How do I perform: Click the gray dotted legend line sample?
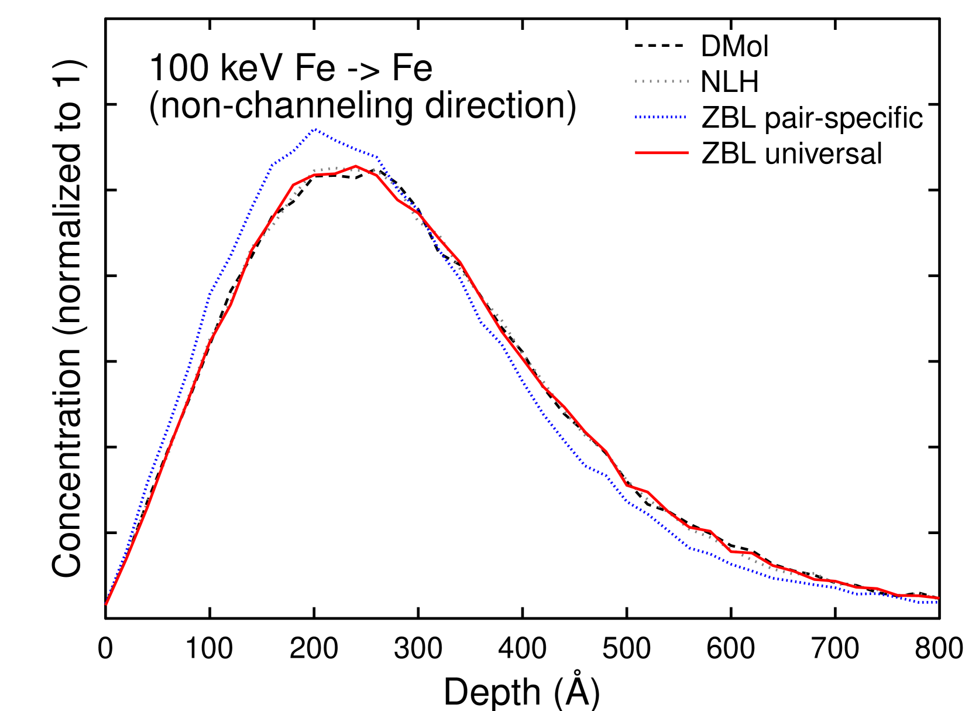point(662,81)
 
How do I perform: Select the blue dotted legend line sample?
point(660,117)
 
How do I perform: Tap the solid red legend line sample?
point(662,153)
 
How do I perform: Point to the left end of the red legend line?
point(636,153)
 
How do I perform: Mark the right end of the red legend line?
point(688,153)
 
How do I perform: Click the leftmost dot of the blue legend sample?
point(636,117)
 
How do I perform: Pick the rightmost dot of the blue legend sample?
point(684,117)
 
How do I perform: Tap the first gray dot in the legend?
point(636,81)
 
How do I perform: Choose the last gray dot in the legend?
point(688,81)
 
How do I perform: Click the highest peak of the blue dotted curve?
point(315,129)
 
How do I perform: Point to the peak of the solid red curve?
point(356,166)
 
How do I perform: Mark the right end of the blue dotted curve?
point(937,602)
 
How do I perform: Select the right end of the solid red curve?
point(938,598)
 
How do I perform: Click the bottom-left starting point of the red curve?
point(106,604)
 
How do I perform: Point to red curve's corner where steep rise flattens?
point(293,185)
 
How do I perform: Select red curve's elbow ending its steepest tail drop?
point(627,485)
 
